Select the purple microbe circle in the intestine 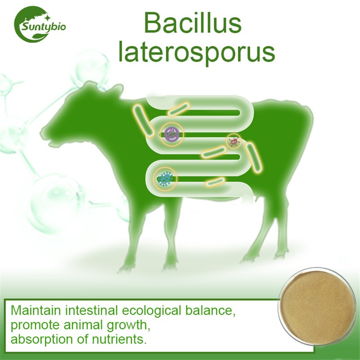click(171, 133)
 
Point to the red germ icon click(234, 141)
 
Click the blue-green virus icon click(166, 179)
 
